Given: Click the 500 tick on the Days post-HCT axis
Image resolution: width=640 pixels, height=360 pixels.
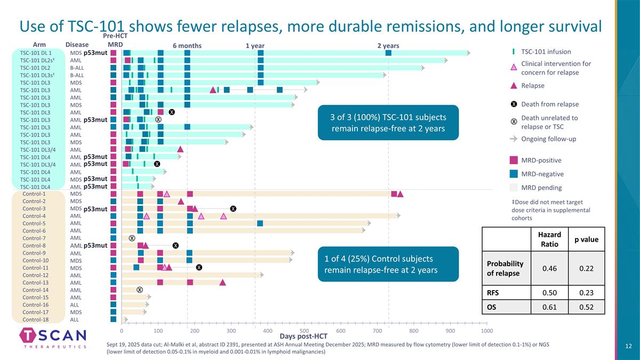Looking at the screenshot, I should (304, 331).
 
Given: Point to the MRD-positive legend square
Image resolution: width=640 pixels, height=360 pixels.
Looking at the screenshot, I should (514, 161).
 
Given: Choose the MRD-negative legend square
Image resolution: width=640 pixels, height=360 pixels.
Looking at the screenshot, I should (514, 174).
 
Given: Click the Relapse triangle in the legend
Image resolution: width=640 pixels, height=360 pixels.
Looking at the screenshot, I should (514, 86).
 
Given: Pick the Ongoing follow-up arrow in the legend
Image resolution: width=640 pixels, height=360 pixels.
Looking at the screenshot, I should (514, 140).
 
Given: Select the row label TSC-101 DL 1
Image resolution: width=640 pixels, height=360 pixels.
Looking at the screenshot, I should (36, 53).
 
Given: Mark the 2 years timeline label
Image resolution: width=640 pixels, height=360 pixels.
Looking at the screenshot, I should (388, 46).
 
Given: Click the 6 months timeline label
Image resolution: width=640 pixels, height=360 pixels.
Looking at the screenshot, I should (187, 46).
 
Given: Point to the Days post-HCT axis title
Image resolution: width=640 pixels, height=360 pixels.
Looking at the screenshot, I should (303, 336).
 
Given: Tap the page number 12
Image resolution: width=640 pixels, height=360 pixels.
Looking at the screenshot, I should (628, 347).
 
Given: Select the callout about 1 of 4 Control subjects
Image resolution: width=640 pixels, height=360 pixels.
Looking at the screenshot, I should (388, 265).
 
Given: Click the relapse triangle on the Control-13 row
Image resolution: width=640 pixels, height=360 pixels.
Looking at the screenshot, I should (222, 282).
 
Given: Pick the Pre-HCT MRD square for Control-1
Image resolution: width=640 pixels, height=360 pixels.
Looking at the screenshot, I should (114, 194).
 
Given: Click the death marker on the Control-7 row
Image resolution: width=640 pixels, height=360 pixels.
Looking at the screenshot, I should (132, 238).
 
